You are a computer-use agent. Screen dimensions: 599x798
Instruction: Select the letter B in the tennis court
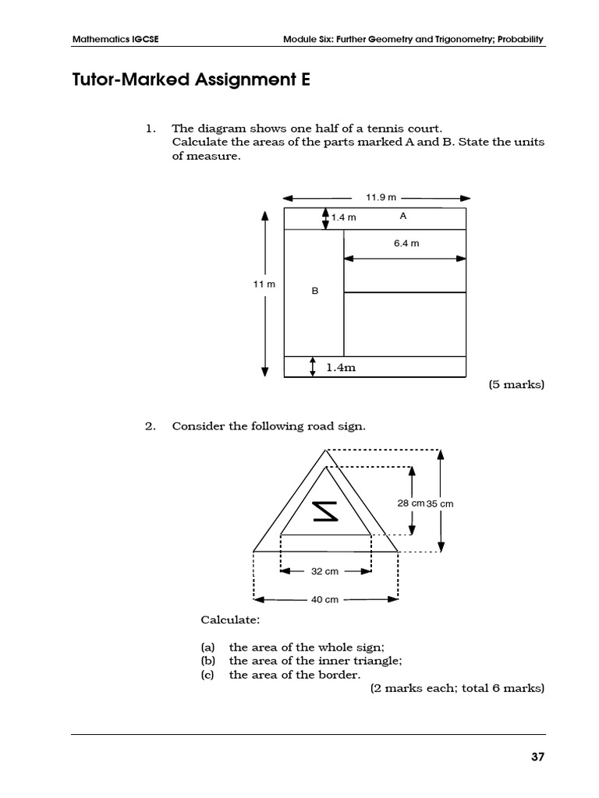(315, 291)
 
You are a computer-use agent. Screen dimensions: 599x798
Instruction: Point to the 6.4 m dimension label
(406, 243)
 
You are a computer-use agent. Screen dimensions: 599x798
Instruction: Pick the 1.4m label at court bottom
(341, 367)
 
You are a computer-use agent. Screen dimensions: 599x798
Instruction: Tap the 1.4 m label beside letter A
(343, 217)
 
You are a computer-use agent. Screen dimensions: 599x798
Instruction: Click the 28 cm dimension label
(410, 503)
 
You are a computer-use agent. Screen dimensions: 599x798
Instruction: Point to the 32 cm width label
(324, 571)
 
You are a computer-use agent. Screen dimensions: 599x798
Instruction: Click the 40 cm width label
(324, 599)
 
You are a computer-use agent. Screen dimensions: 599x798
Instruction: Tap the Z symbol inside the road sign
(325, 511)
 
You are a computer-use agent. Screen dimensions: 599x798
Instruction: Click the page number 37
(536, 757)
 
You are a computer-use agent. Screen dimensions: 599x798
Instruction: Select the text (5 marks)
(516, 384)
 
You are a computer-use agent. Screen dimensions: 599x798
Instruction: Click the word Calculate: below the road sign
(230, 620)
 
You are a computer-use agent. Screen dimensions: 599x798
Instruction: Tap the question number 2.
(151, 426)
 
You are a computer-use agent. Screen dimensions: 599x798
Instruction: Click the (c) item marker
(207, 675)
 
